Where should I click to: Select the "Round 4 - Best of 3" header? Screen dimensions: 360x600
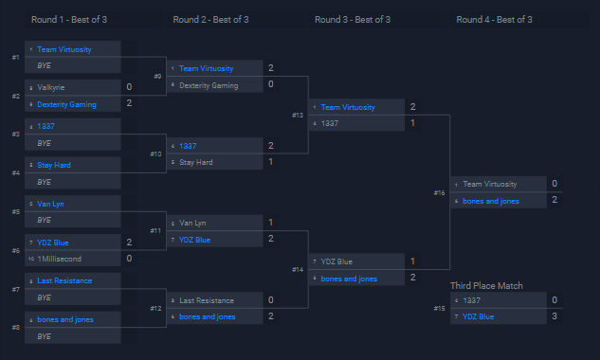494,19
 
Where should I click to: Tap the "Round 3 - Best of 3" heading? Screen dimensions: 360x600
353,19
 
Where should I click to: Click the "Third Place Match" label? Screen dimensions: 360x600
486,285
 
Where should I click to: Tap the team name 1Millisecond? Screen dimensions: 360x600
60,258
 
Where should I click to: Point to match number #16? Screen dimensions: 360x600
439,193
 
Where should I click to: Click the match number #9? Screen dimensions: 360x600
157,77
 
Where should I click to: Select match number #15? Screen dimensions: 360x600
439,309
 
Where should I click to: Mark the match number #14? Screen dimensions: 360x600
298,270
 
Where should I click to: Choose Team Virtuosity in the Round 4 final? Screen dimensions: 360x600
490,185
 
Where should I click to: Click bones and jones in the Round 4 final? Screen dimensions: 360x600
489,201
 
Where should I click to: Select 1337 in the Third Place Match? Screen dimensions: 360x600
471,300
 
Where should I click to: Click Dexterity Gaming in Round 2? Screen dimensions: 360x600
209,85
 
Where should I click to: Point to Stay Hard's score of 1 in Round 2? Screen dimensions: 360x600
271,162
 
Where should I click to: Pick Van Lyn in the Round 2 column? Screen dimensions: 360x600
192,223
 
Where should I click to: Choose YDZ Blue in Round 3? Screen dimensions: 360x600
336,261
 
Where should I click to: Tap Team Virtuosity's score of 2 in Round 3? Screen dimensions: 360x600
412,107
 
